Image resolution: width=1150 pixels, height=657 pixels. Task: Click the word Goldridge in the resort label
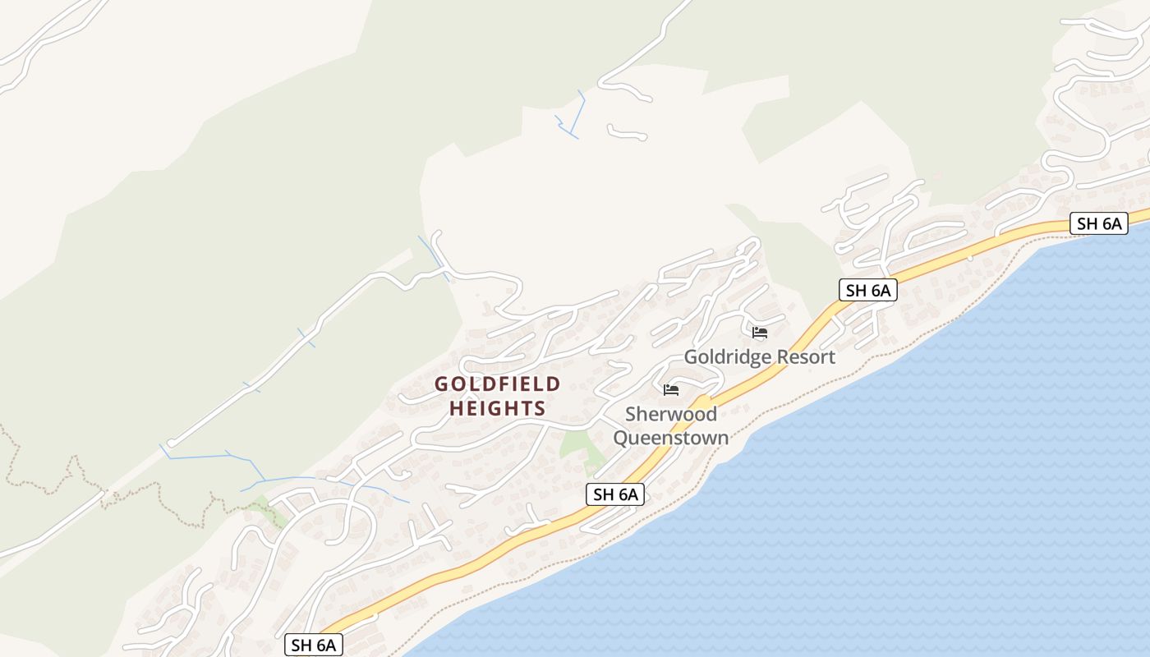pyautogui.click(x=726, y=357)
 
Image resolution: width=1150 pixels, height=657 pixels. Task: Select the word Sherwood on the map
pyautogui.click(x=671, y=414)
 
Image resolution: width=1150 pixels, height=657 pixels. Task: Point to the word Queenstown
pyautogui.click(x=671, y=437)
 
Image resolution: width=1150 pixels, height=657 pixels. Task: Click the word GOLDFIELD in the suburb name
pyautogui.click(x=498, y=384)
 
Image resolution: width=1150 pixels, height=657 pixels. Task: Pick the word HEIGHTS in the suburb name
pyautogui.click(x=498, y=408)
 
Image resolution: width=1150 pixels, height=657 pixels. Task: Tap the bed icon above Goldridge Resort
pyautogui.click(x=760, y=333)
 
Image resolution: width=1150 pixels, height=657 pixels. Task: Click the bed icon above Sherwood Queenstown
pyautogui.click(x=671, y=389)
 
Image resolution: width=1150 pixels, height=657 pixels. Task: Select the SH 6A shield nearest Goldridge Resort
pyautogui.click(x=867, y=290)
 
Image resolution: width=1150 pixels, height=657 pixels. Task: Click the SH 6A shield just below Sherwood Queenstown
pyautogui.click(x=615, y=494)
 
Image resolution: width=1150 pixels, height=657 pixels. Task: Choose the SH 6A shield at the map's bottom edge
pyautogui.click(x=314, y=645)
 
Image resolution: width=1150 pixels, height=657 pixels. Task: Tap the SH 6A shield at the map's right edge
pyautogui.click(x=1098, y=223)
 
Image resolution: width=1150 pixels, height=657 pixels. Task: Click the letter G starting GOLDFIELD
pyautogui.click(x=442, y=384)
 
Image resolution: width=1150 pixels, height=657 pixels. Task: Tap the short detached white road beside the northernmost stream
pyautogui.click(x=627, y=132)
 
